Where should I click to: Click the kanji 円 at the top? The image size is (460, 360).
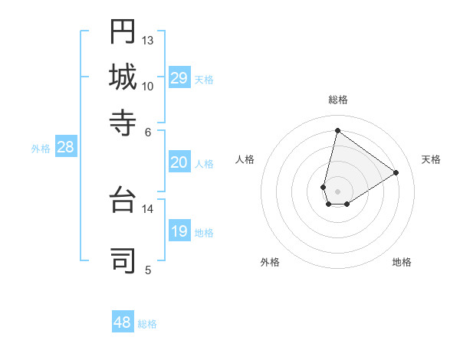click(x=123, y=31)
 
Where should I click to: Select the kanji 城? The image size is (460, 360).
click(x=123, y=77)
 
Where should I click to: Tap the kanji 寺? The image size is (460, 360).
click(x=123, y=122)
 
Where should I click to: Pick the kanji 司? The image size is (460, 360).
click(x=123, y=259)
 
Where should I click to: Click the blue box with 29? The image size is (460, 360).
click(x=179, y=78)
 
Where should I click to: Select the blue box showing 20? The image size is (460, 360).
click(x=179, y=162)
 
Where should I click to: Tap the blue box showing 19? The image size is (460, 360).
click(x=179, y=231)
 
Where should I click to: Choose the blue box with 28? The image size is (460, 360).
click(x=65, y=148)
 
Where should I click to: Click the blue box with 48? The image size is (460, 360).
click(x=123, y=322)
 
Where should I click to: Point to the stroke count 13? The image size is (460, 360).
click(x=148, y=40)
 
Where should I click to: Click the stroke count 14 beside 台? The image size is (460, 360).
click(x=148, y=208)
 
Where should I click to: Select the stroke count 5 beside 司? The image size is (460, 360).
click(x=148, y=269)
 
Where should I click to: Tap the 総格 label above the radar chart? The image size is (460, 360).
click(x=337, y=100)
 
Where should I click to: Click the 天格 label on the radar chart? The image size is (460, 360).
click(x=431, y=159)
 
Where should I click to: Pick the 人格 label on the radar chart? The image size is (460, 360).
click(x=245, y=159)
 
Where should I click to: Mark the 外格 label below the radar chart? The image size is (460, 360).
click(x=270, y=262)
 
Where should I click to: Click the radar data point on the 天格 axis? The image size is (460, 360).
click(x=396, y=172)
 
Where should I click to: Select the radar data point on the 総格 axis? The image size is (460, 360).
click(x=337, y=130)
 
